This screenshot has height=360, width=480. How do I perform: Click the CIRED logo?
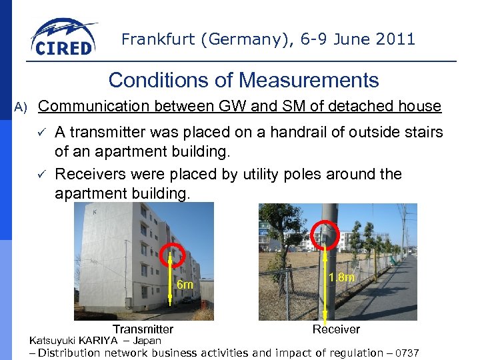point(63,39)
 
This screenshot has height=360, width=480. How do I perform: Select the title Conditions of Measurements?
point(243,81)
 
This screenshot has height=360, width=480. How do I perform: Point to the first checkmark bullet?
point(41,133)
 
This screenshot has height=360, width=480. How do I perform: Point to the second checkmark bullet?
point(41,175)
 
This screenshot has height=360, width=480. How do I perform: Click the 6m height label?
point(185,285)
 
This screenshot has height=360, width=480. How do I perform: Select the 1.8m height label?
point(341,277)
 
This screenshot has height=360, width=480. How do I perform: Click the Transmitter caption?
point(143,329)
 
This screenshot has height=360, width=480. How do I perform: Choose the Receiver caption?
point(336,329)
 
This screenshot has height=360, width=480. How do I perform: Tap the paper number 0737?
point(407,353)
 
